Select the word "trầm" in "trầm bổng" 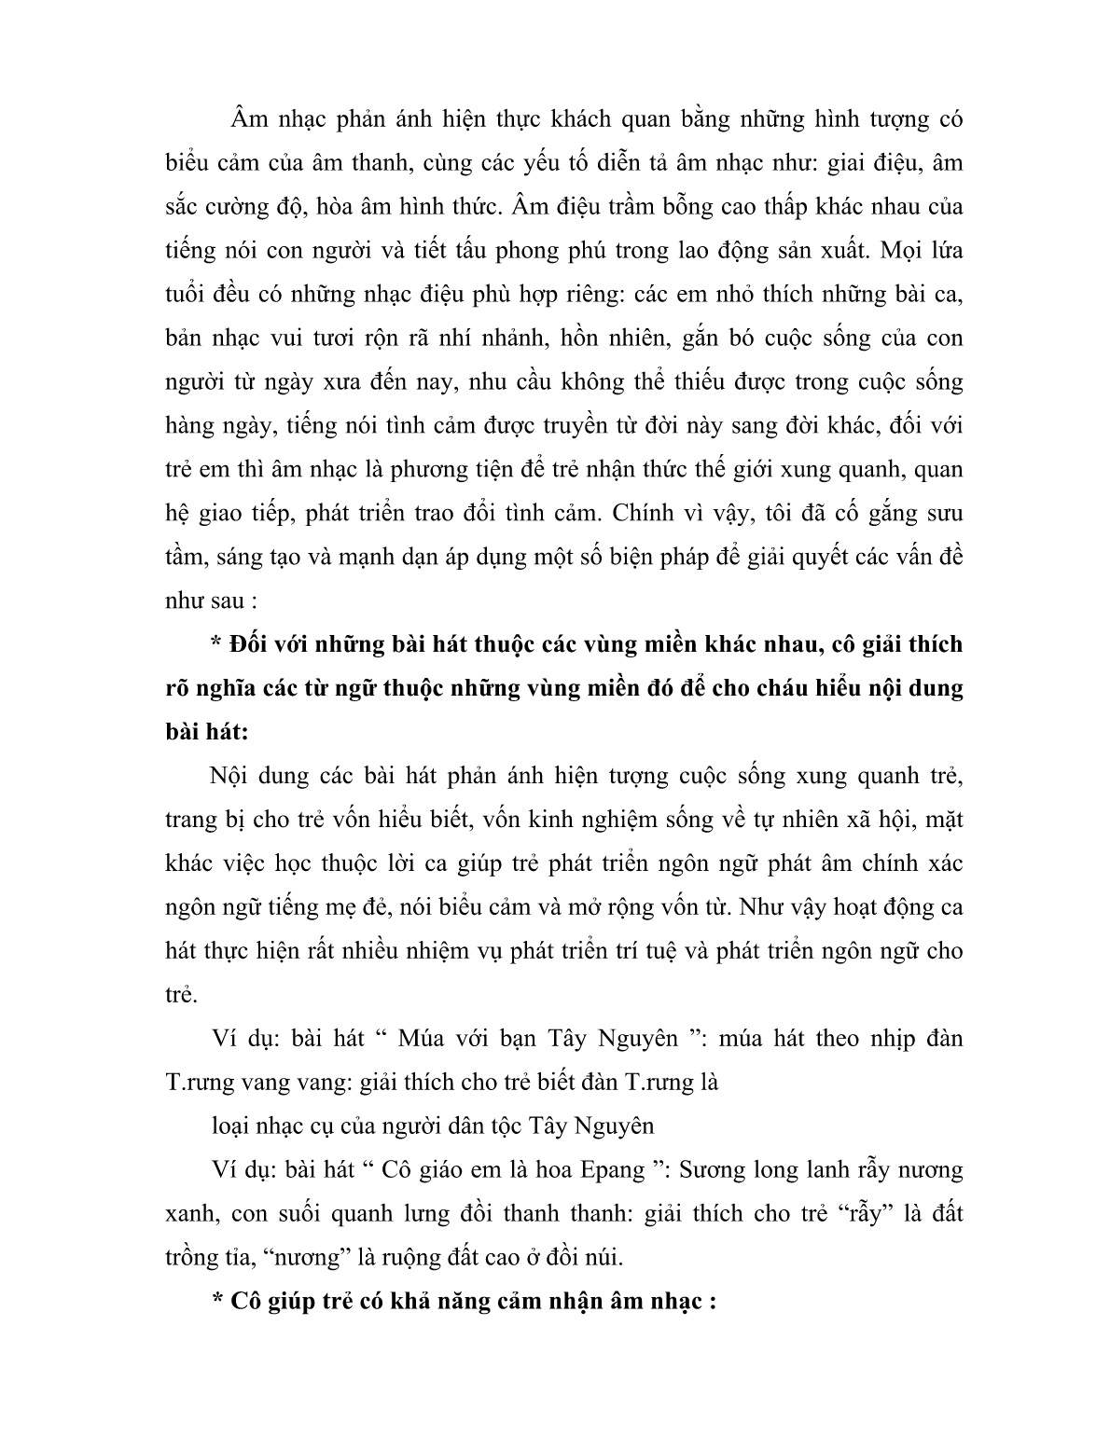(x=655, y=206)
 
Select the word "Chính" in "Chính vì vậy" (x=647, y=513)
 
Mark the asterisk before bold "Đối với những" (x=216, y=644)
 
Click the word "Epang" (x=610, y=1170)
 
